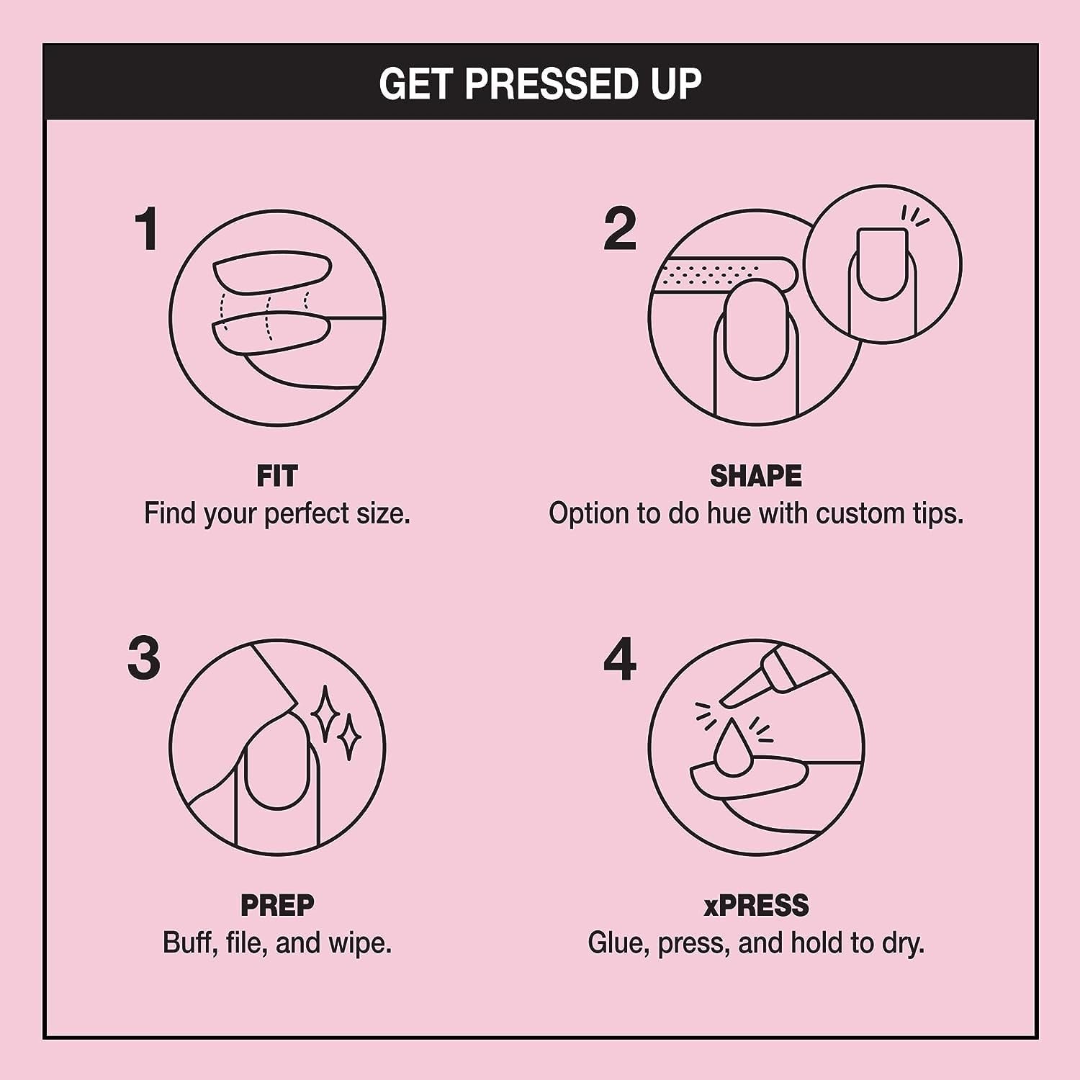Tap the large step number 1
148,229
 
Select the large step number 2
620,229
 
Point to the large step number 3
144,658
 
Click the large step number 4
620,658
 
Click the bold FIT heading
276,477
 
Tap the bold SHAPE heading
755,477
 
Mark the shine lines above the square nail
914,217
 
